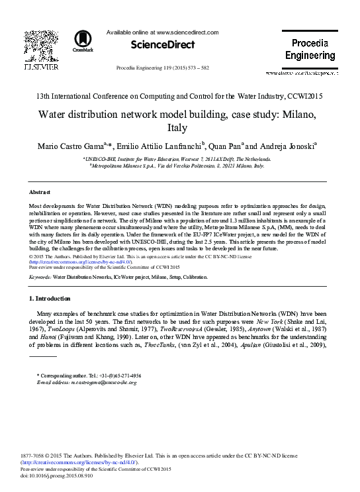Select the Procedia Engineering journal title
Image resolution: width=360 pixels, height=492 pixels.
point(305,50)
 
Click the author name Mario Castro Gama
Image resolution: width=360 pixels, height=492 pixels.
point(78,146)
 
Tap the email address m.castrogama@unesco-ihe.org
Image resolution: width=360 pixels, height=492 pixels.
point(101,383)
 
